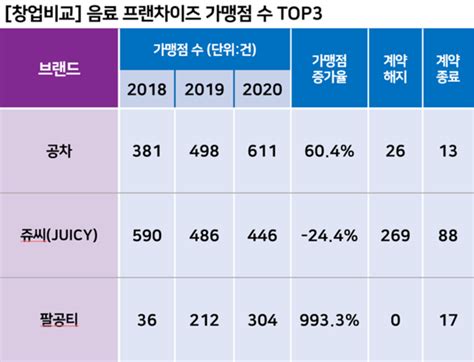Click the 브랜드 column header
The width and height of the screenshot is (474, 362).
[x=60, y=72]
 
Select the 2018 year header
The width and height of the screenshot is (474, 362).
[x=148, y=91]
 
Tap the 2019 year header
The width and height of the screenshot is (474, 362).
[x=206, y=91]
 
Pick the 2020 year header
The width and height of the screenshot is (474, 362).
[x=263, y=91]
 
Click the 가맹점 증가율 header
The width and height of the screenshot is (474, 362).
[x=329, y=71]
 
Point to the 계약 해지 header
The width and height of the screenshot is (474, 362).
[x=395, y=71]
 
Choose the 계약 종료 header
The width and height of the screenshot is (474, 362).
[x=446, y=71]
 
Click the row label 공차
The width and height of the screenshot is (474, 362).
[x=60, y=151]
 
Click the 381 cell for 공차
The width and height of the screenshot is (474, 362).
[x=148, y=151]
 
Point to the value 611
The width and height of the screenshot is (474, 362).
[x=263, y=151]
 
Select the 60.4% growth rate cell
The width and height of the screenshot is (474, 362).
[x=329, y=151]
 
